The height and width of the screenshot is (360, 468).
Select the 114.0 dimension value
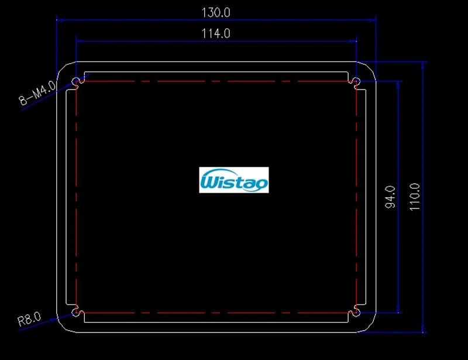point(216,34)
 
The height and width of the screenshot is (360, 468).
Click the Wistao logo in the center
point(234,180)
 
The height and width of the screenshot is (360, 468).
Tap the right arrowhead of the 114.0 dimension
point(353,41)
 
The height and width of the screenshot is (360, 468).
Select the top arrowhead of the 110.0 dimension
point(423,65)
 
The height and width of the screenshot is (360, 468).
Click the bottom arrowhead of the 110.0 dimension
point(423,328)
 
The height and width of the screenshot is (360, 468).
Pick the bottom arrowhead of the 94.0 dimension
point(399,309)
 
